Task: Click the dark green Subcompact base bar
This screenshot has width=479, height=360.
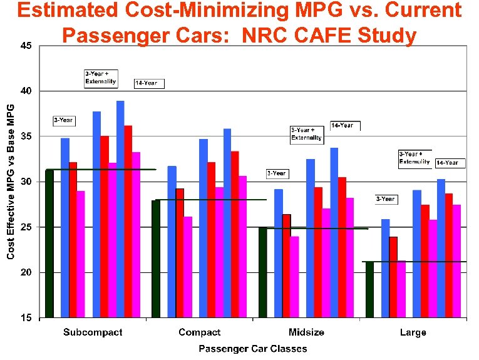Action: click(49, 244)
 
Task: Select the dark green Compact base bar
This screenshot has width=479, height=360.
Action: click(156, 259)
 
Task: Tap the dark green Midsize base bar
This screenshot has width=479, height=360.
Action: click(262, 272)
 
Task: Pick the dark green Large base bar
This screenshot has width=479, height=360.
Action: click(369, 289)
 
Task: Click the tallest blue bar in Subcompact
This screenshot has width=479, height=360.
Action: click(120, 209)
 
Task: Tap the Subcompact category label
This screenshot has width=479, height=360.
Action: click(93, 332)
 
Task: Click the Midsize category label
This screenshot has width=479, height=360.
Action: click(306, 332)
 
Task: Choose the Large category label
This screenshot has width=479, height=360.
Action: click(413, 332)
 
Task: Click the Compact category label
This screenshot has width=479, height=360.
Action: click(200, 332)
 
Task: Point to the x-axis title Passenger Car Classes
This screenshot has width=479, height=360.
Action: click(253, 349)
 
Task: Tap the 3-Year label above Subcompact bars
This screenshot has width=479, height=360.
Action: click(63, 120)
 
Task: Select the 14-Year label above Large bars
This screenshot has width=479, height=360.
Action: click(447, 163)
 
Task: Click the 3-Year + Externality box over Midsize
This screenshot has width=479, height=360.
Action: click(306, 135)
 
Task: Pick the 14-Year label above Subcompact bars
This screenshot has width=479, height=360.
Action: click(147, 83)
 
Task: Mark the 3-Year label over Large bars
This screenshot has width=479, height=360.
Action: click(385, 199)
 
